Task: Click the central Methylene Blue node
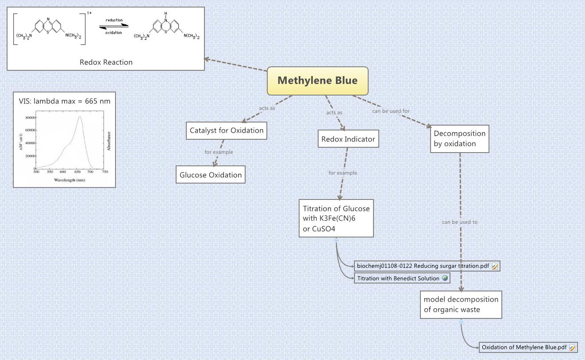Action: pos(317,80)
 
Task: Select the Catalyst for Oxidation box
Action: pos(227,130)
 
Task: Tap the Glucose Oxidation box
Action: pos(211,175)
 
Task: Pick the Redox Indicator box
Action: pos(348,139)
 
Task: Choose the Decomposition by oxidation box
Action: pos(459,138)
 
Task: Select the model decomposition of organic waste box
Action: pos(461,304)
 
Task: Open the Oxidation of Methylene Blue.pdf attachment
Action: pos(524,347)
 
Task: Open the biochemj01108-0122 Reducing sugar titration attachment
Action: pos(423,266)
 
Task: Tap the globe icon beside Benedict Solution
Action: pos(445,278)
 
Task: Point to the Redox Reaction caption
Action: pos(106,62)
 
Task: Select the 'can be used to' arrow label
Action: pos(460,222)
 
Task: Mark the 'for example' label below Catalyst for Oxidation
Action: pos(219,152)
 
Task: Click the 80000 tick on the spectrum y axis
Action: pos(29,118)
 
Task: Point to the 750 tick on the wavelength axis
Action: pos(104,172)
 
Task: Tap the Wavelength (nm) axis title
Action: pos(69,180)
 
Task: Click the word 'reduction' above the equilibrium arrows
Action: pos(114,20)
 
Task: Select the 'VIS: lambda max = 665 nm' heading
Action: pos(64,101)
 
